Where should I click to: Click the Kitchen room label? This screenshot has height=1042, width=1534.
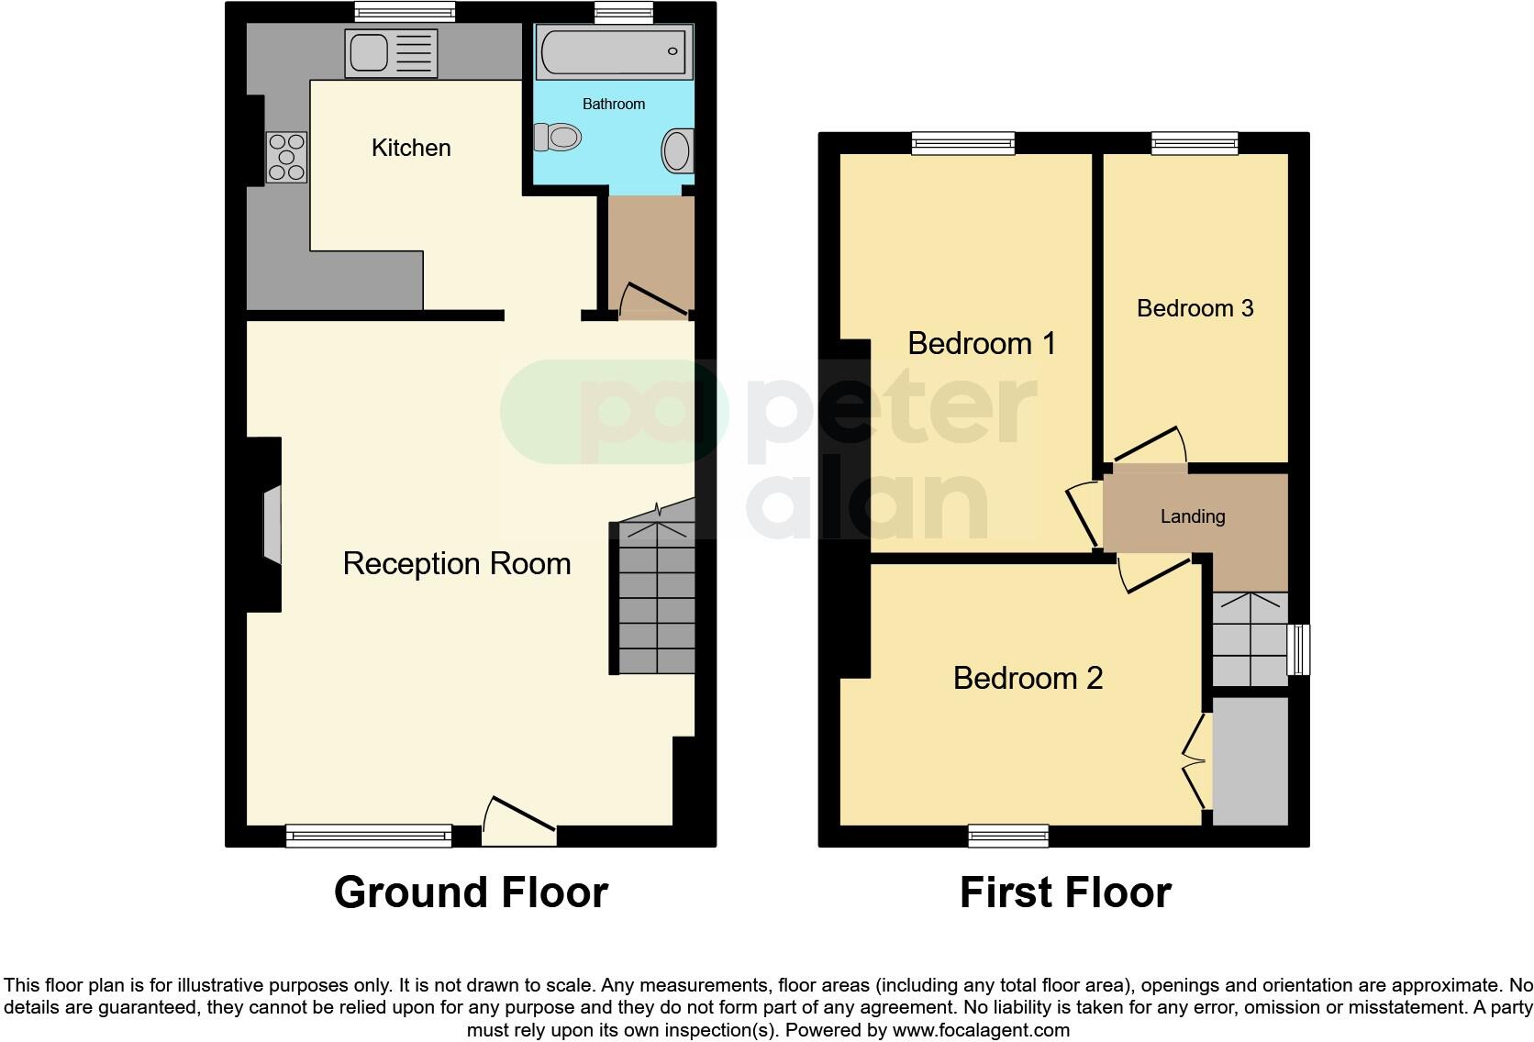[x=411, y=148]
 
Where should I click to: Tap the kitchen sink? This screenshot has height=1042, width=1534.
[x=391, y=53]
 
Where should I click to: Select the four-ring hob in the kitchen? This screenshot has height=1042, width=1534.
[x=286, y=157]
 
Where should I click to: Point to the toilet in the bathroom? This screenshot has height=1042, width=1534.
[x=559, y=139]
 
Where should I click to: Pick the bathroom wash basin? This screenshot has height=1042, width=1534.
[x=677, y=150]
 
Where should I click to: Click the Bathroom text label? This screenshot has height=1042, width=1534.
[x=614, y=104]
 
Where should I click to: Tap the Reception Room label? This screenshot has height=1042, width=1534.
[x=457, y=563]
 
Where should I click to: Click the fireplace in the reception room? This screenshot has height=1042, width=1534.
[x=272, y=524]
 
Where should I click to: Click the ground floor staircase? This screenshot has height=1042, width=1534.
[x=655, y=597]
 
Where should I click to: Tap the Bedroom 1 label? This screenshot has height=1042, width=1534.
[x=982, y=343]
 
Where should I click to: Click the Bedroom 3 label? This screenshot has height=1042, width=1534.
[x=1195, y=308]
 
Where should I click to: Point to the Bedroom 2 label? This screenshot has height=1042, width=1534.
[x=1028, y=678]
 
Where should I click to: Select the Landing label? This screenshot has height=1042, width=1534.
[x=1193, y=516]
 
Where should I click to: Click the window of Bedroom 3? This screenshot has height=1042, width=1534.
[x=1195, y=142]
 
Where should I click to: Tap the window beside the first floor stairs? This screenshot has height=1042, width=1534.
[x=1298, y=649]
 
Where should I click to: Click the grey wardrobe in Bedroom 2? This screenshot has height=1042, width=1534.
[x=1251, y=761]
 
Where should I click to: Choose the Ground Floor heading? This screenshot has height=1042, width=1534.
[x=471, y=892]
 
